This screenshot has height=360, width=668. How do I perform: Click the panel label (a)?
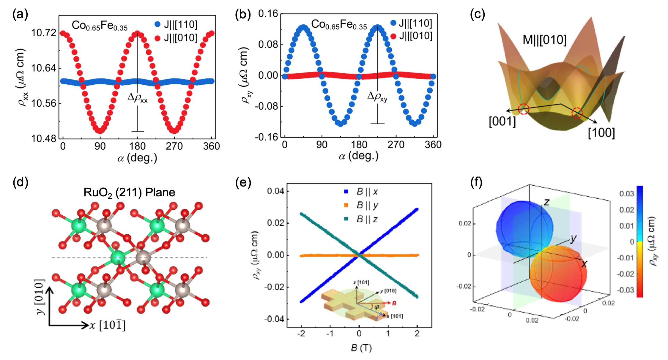(20, 14)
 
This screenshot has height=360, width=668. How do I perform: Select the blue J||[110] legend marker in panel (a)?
(157, 24)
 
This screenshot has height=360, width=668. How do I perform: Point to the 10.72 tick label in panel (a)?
(44, 33)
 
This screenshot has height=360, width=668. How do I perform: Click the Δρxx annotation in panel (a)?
(138, 97)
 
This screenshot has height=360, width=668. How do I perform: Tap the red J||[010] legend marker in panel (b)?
(393, 36)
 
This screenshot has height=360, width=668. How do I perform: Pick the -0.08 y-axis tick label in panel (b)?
(266, 106)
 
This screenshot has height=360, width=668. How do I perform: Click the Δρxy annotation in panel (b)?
(377, 96)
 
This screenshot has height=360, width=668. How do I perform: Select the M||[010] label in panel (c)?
(544, 40)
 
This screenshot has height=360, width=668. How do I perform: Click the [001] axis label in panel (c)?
(502, 121)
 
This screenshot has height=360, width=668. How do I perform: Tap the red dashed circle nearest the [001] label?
(524, 109)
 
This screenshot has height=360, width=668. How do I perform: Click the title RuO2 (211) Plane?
(129, 192)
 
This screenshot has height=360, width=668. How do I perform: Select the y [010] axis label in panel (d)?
(40, 296)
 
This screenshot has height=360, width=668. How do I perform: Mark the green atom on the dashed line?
(118, 258)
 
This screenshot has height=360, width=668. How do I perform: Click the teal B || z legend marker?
(346, 219)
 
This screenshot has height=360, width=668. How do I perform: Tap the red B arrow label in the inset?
(394, 303)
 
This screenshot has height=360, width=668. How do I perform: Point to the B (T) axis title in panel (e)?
(361, 348)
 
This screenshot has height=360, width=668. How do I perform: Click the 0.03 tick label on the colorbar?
(627, 194)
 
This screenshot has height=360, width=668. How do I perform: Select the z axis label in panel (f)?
(546, 202)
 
